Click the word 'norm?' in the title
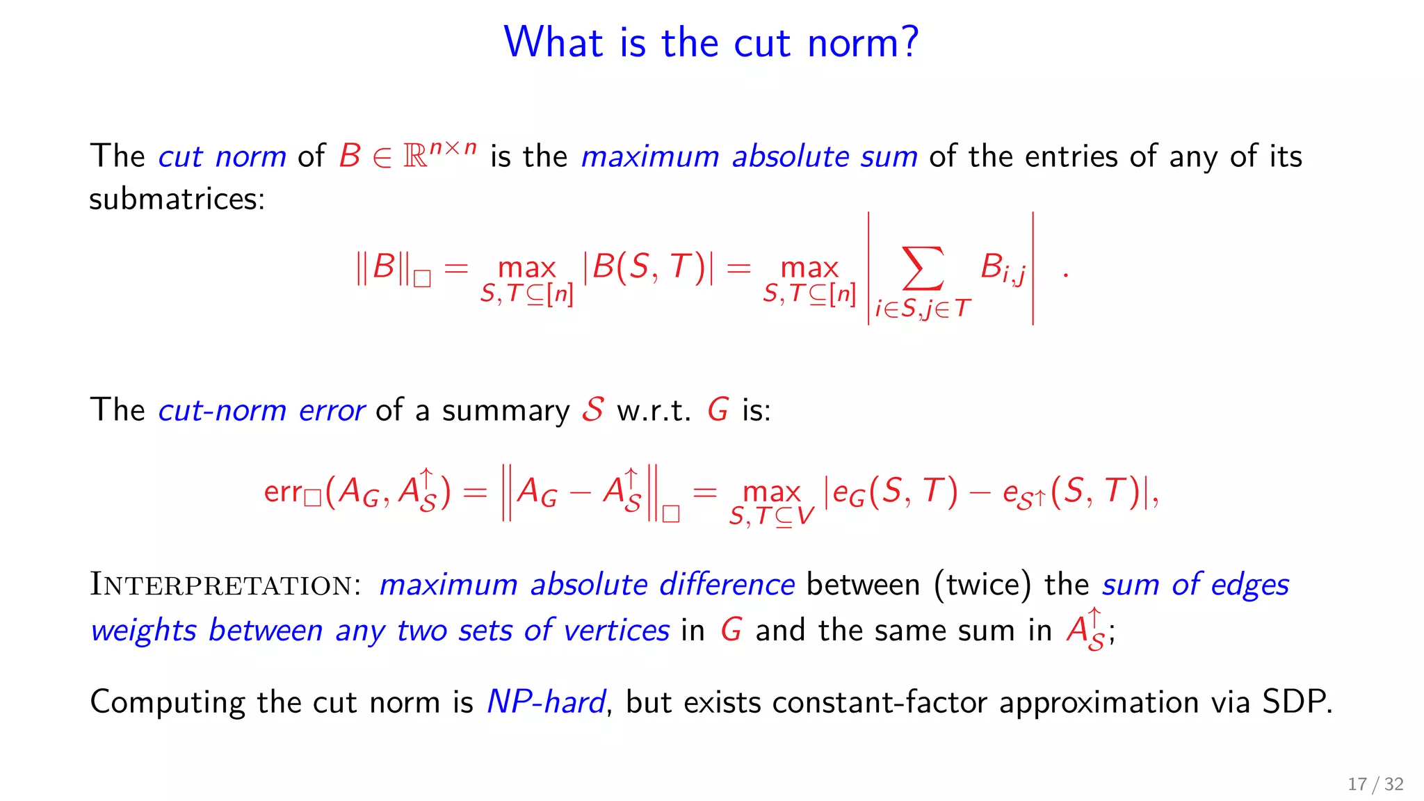click(863, 43)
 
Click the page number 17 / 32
click(1375, 784)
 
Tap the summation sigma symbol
click(923, 268)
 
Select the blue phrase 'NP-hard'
click(546, 702)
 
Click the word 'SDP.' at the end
click(1297, 702)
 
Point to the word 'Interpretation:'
click(225, 585)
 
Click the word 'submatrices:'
click(177, 200)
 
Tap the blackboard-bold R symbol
click(415, 157)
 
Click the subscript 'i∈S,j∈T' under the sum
click(922, 309)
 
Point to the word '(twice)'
click(982, 585)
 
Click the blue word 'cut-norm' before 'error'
click(222, 410)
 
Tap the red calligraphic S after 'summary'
click(593, 409)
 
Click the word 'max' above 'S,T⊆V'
click(771, 492)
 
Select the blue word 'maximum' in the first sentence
click(650, 156)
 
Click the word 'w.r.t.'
click(654, 410)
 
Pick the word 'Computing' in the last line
click(167, 702)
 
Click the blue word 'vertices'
click(617, 631)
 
